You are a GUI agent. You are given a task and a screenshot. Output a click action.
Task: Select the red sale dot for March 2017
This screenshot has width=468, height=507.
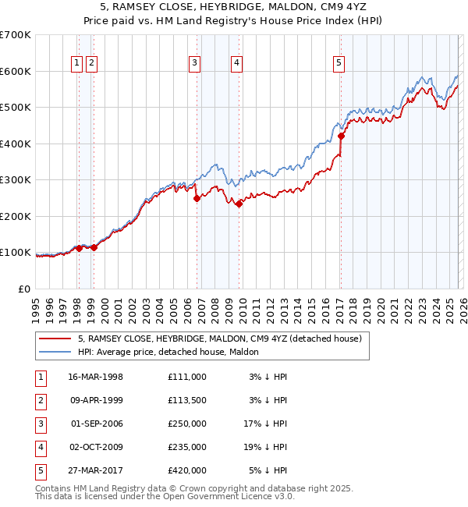pos(342,136)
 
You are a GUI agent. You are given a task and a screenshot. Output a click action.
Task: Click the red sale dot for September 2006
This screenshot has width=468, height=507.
pos(197,198)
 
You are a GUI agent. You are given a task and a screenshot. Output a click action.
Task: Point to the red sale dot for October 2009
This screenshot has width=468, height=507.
pos(239,204)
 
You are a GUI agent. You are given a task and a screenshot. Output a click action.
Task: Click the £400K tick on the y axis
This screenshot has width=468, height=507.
pos(16,144)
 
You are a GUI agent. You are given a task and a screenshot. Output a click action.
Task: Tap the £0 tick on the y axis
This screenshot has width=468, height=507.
pos(25,289)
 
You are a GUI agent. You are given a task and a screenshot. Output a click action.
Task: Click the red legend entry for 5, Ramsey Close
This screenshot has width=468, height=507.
pos(219,339)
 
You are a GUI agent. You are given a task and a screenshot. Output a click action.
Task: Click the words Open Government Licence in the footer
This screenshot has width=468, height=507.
pos(207,497)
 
